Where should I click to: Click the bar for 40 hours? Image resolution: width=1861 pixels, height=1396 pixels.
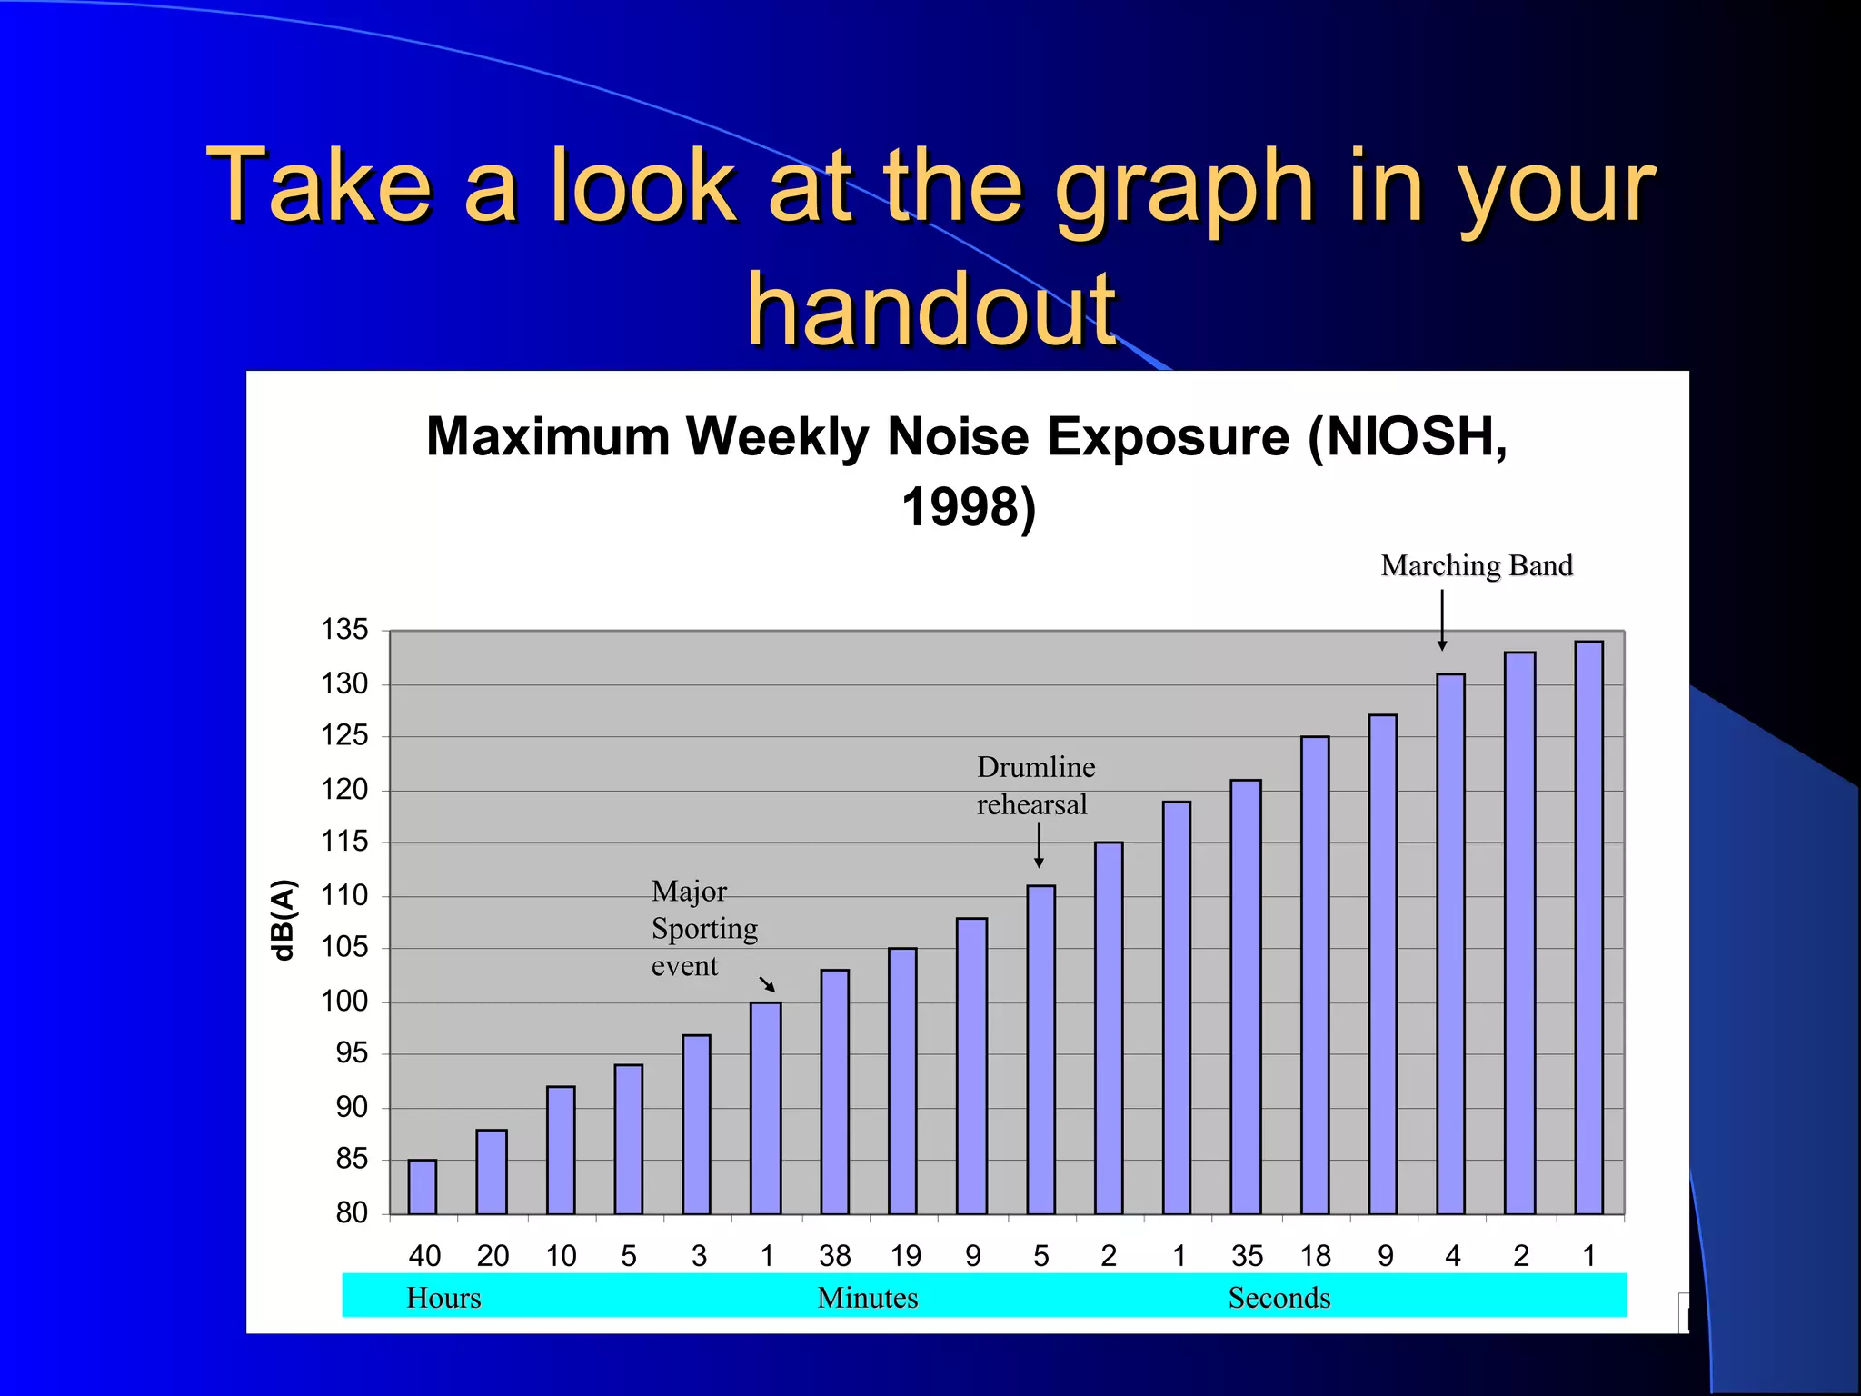(423, 1187)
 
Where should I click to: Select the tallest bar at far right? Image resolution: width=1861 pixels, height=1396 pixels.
(1588, 927)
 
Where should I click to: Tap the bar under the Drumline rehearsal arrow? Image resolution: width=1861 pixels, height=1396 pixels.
(1040, 1050)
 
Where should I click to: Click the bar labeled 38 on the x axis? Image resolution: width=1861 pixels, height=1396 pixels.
(834, 1092)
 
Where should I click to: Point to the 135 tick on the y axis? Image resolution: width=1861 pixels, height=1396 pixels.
(344, 630)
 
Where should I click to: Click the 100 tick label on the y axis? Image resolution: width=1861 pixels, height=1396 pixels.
(344, 1002)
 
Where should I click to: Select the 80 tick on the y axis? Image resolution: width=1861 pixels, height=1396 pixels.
(351, 1212)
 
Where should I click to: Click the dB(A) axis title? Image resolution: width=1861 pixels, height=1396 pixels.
(284, 920)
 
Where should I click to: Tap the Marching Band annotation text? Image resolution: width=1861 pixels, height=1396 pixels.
(1477, 565)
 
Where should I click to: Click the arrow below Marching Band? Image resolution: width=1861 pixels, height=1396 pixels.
(1442, 620)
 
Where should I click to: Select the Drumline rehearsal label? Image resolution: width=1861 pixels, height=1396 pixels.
(1035, 786)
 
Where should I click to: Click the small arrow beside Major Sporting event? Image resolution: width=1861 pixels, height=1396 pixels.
(768, 984)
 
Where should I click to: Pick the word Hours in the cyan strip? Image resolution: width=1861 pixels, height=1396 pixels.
(443, 1298)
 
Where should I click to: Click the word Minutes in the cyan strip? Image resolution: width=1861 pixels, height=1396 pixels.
(868, 1298)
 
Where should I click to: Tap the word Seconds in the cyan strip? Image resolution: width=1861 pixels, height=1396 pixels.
(1279, 1298)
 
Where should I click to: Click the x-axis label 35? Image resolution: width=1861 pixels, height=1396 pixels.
(1247, 1256)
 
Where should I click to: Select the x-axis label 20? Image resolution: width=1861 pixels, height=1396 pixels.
(493, 1256)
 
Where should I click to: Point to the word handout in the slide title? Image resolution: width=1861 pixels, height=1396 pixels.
(930, 311)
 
